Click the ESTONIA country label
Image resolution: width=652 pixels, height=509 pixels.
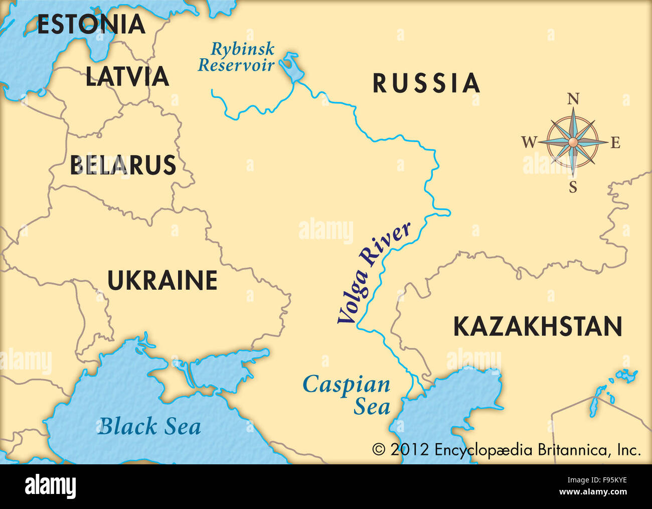91,25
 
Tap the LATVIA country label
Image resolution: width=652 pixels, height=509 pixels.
127,77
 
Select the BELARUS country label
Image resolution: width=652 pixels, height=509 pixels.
123,165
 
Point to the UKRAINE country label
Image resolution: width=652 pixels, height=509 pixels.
162,281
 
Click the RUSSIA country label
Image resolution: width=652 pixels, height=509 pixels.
426,83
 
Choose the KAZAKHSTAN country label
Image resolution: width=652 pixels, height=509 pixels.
538,327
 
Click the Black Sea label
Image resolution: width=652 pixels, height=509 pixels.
149,427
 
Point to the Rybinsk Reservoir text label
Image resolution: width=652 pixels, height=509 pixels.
237,57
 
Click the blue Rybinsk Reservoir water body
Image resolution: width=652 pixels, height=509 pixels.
291,67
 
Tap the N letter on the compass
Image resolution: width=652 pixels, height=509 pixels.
573,99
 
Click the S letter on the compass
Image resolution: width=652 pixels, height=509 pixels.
573,188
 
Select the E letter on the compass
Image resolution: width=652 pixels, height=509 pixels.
615,143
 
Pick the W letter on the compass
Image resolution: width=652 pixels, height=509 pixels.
529,143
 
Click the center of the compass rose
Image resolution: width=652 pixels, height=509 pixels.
572,143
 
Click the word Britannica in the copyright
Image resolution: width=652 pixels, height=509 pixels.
575,449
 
